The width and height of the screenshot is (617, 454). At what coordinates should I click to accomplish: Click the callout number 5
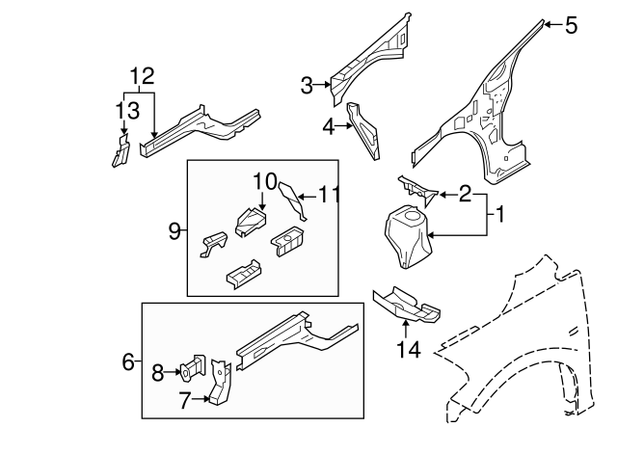coord(571,26)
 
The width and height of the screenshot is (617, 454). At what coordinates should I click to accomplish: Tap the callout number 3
coord(307,87)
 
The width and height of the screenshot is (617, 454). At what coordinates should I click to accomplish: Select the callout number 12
coord(142,75)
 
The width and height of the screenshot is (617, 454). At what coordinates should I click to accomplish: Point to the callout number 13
coord(121,111)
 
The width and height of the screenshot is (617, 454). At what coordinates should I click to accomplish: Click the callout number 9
coord(174,230)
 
